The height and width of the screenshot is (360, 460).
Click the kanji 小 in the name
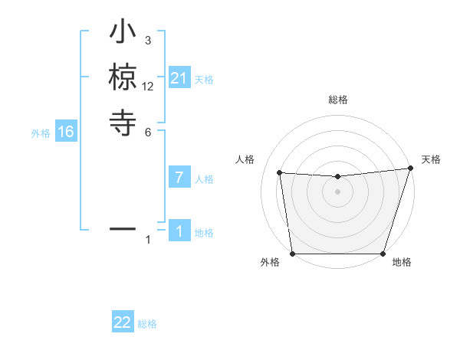[123, 34]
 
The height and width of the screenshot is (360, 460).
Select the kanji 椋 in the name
[123, 78]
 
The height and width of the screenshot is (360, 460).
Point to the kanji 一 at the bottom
[123, 228]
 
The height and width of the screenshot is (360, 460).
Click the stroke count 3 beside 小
[148, 40]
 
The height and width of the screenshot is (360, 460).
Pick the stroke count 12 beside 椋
[148, 86]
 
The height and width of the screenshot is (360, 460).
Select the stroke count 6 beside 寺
[148, 131]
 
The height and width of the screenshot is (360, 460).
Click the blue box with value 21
[179, 78]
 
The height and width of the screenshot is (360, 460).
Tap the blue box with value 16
[66, 133]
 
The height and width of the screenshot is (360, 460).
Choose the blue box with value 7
[179, 178]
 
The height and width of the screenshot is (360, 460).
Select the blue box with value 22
[123, 322]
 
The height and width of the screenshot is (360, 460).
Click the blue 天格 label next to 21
[204, 79]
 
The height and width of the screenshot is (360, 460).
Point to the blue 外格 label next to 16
[41, 133]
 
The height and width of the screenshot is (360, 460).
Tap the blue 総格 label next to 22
[147, 323]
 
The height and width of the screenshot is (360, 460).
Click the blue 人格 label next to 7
[204, 179]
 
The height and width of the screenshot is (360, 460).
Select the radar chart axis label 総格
[337, 100]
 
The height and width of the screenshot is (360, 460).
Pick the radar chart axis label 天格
[431, 159]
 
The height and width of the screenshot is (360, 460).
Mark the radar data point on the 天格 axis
[411, 169]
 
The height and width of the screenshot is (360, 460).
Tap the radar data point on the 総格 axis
[337, 177]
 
